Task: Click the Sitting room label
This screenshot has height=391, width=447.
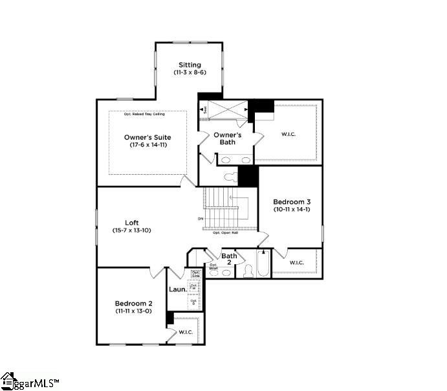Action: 191,65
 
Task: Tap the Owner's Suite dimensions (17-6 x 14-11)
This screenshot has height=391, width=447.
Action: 148,145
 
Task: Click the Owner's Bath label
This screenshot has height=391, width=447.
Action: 228,138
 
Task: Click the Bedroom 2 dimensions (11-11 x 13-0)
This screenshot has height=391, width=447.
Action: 134,311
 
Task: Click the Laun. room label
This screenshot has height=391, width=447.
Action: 177,289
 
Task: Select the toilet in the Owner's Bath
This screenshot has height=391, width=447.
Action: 230,176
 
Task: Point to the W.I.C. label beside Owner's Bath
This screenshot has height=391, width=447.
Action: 289,134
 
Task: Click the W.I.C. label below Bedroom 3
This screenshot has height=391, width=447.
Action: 296,262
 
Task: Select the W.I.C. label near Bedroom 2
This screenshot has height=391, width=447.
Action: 186,332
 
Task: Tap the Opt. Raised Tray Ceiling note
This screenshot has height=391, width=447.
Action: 144,115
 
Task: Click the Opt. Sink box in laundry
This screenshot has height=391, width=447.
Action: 195,274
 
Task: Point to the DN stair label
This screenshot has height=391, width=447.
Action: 201,219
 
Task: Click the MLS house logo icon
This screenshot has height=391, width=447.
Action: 8,381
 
